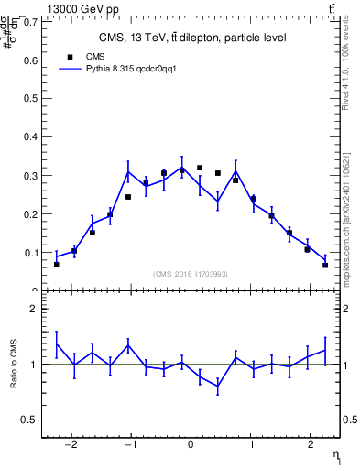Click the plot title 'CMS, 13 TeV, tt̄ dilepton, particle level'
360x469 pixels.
click(192, 38)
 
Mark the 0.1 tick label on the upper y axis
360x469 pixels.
click(31, 253)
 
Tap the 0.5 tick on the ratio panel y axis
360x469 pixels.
click(29, 420)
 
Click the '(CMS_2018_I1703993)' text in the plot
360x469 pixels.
click(191, 273)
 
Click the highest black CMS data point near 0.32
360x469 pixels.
click(200, 168)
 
